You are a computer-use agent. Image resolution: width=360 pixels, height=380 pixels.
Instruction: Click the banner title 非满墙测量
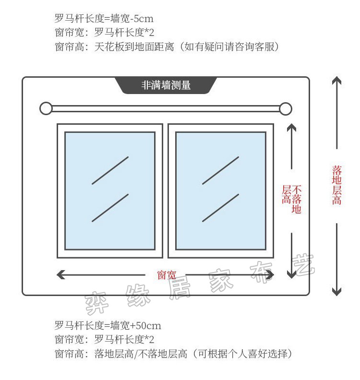pos(166,85)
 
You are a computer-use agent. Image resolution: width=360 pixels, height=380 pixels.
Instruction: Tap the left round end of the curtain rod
pos(46,108)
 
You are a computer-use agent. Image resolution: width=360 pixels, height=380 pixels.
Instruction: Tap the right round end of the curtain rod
pos(285,108)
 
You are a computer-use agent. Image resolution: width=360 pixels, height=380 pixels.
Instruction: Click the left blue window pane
pos(110,191)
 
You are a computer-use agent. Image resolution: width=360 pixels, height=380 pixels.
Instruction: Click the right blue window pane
pos(221,191)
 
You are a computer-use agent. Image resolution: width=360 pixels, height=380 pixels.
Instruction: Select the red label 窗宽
pos(166,275)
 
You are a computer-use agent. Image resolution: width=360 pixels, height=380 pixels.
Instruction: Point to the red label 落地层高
pos(337,185)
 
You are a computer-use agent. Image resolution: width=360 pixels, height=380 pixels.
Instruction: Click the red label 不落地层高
pos(292,199)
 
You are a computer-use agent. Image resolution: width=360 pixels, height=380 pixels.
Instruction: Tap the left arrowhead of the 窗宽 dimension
pos(60,275)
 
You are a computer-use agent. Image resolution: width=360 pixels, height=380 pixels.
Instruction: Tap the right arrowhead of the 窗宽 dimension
pos(270,275)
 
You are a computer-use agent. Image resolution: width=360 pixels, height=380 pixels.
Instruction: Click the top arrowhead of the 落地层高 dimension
pos(337,80)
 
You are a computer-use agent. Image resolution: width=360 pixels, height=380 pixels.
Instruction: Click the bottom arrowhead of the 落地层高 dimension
pos(337,292)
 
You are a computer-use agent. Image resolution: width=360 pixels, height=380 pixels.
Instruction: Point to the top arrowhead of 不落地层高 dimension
pos(291,128)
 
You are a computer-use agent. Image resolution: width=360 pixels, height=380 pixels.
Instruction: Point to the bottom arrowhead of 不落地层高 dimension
pos(291,274)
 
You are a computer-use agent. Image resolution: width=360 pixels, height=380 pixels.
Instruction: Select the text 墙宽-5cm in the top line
pos(132,18)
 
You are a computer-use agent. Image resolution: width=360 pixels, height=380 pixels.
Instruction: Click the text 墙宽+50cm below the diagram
pos(136,325)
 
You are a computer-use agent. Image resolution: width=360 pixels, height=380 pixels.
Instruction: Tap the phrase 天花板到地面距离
pos(134,47)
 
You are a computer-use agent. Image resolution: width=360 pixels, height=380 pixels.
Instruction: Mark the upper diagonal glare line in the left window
pos(110,170)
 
